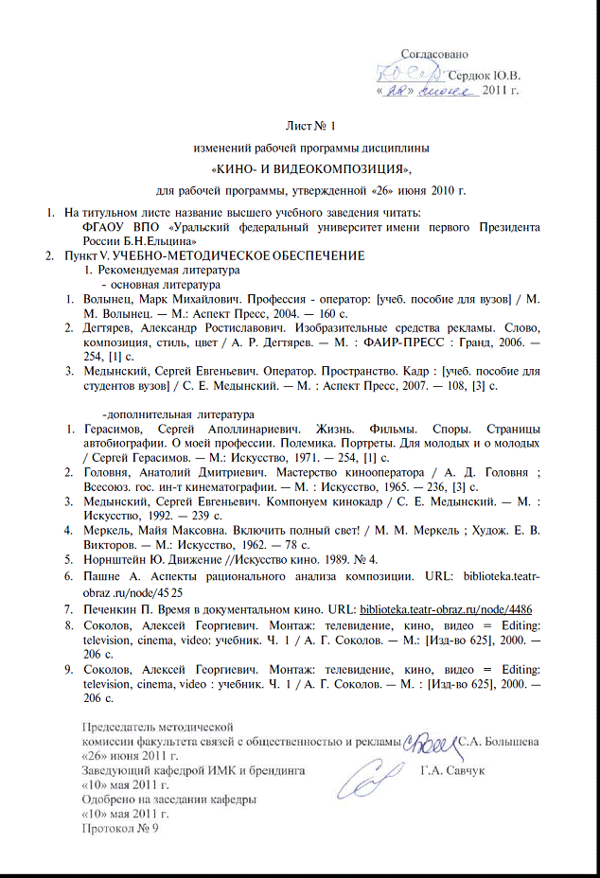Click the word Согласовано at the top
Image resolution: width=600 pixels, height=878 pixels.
(x=434, y=55)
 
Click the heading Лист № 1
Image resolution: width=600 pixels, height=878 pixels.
(x=311, y=126)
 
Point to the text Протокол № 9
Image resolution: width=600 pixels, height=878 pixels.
(x=121, y=828)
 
